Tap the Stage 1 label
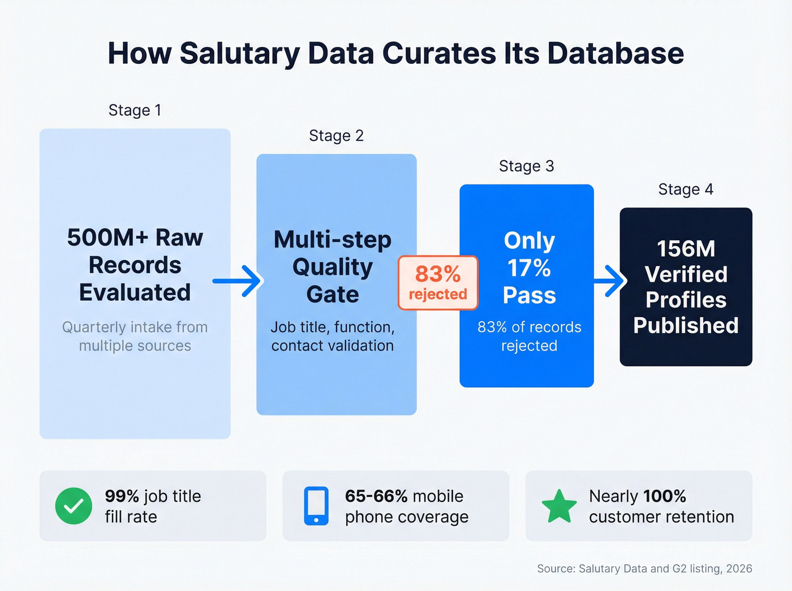135,110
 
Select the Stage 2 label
336,136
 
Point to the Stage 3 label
526,166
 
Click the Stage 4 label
685,189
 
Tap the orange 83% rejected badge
438,283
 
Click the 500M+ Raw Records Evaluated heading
135,265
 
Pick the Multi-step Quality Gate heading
333,266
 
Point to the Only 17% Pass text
529,268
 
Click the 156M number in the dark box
686,249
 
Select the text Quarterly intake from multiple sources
135,337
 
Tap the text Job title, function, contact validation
333,337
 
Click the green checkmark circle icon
74,506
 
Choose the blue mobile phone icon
316,506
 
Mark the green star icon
559,506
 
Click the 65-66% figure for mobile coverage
376,496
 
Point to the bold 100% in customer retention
664,496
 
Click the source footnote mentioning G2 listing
644,568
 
